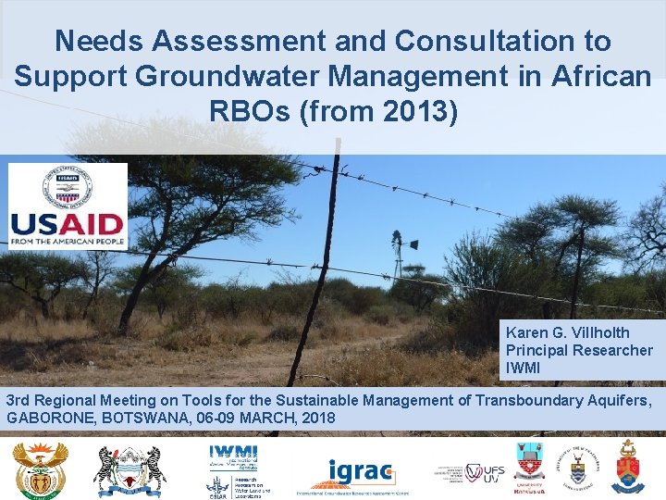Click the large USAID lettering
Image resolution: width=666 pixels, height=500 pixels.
[x=67, y=225]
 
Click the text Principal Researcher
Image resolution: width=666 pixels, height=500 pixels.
[x=578, y=350]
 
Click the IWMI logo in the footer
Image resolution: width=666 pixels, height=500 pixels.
[x=233, y=455]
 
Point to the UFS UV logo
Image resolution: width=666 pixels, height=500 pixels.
[x=485, y=471]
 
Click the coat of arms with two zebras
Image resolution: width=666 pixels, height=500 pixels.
[x=129, y=469]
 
